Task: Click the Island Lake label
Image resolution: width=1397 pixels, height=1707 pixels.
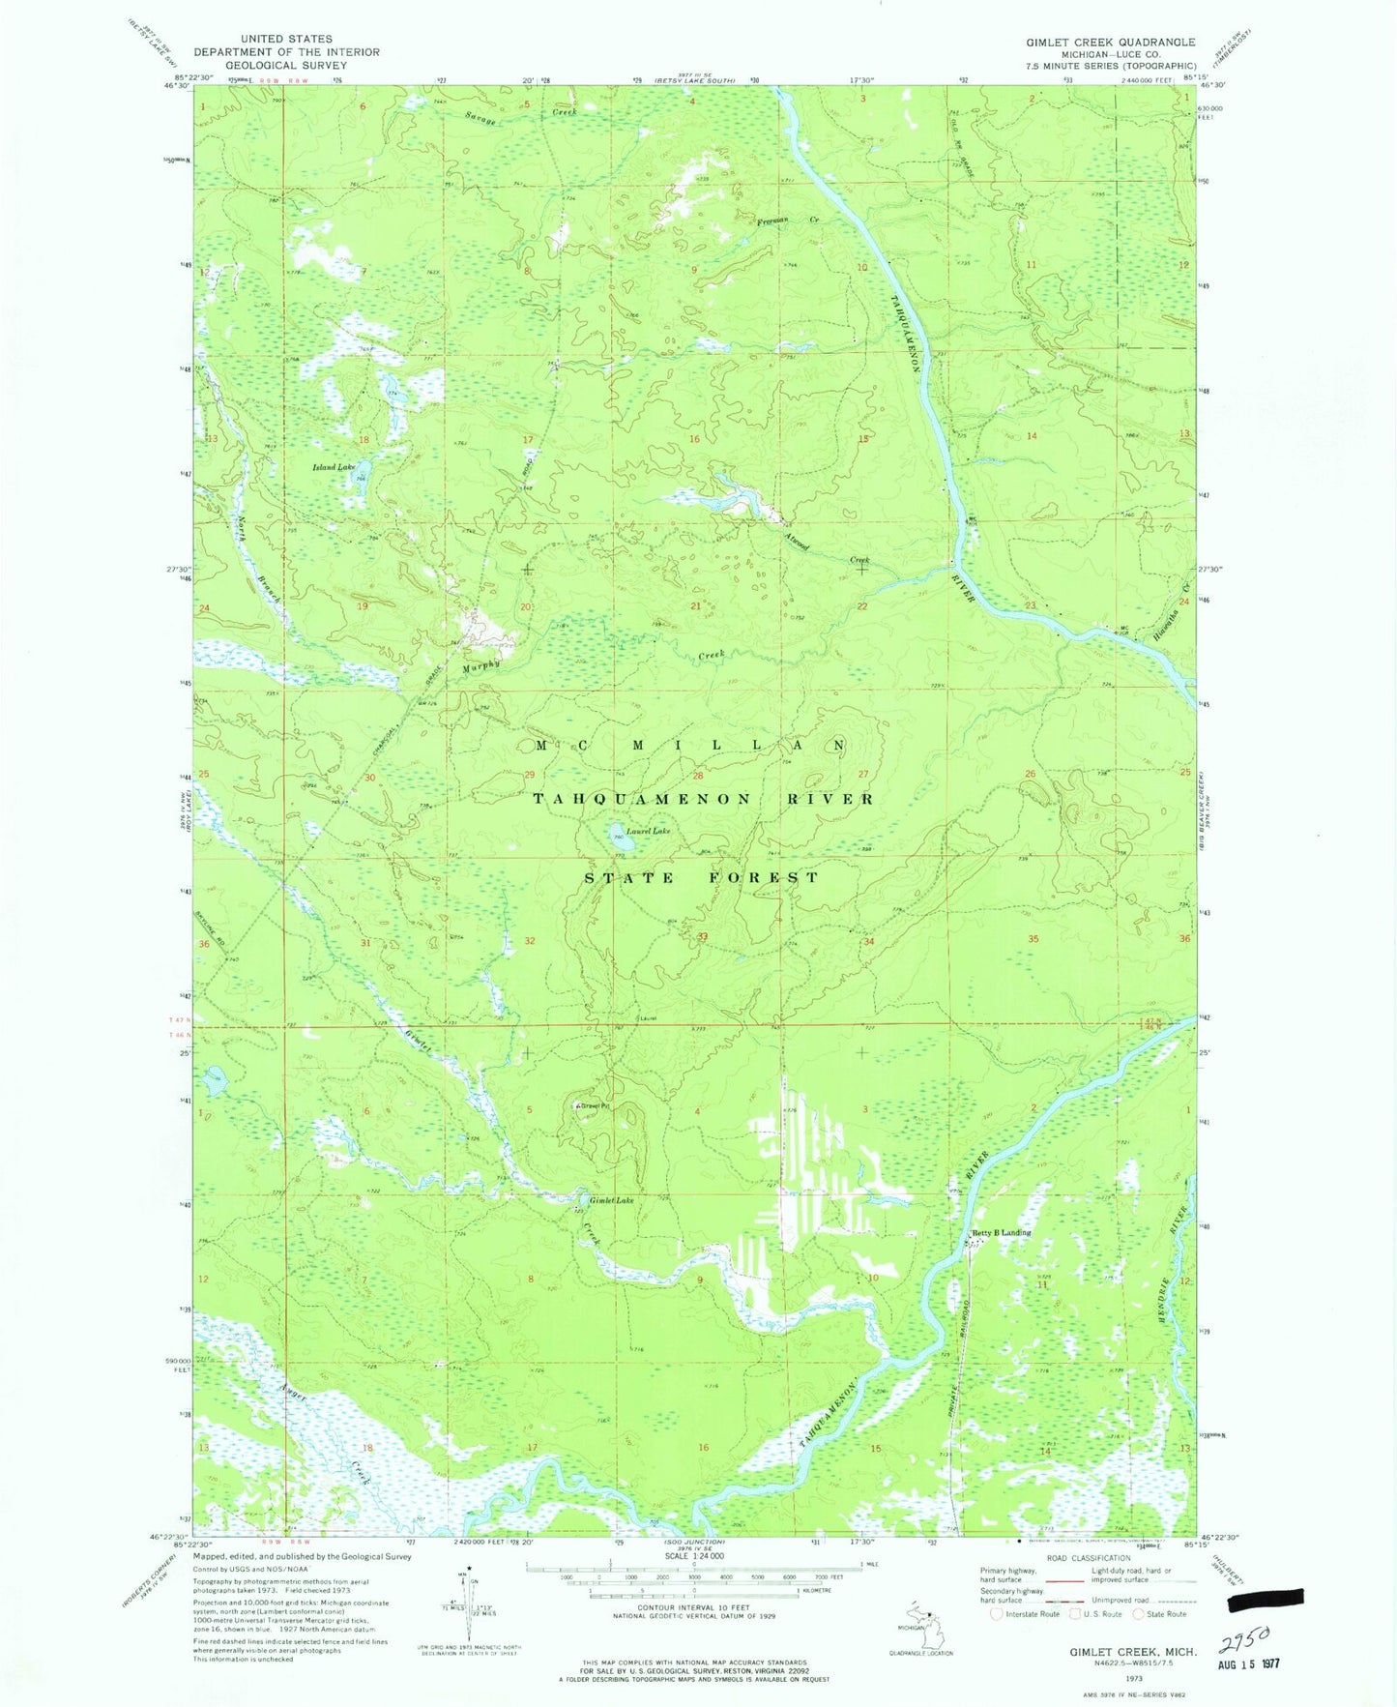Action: tap(333, 467)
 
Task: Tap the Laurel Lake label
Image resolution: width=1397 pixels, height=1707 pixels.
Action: tap(647, 831)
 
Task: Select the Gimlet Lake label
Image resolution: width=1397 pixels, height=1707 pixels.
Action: tap(611, 1200)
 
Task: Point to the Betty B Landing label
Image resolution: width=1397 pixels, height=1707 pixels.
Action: tap(1001, 1232)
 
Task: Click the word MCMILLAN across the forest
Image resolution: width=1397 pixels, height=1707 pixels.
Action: tap(691, 746)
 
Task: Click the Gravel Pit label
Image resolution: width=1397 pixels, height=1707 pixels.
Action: tap(596, 1105)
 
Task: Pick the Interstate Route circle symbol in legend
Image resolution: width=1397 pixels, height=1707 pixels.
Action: tap(997, 1613)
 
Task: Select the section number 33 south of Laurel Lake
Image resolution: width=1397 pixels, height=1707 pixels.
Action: tap(703, 936)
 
